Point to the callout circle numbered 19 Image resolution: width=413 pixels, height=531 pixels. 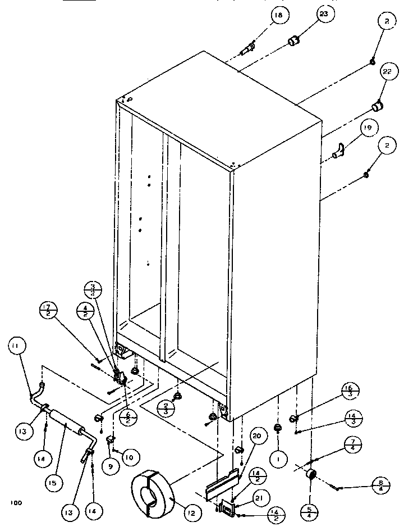367,129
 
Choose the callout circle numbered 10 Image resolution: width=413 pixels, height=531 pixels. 129,458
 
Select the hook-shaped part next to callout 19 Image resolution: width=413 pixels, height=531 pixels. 338,152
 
